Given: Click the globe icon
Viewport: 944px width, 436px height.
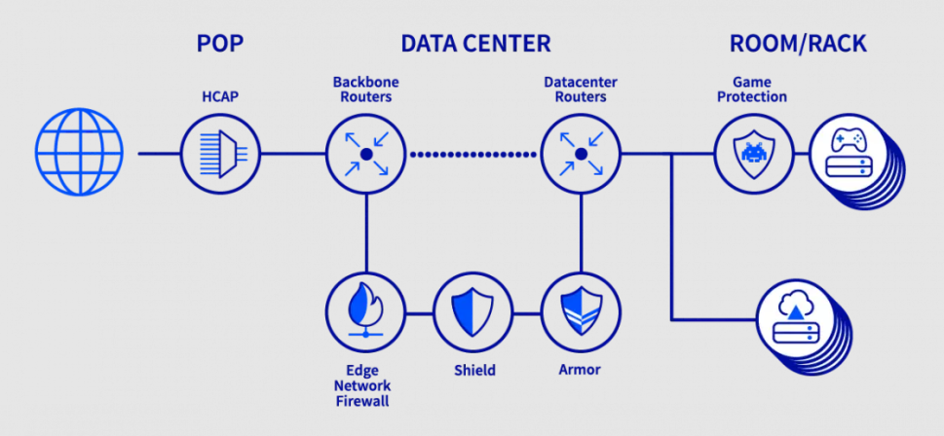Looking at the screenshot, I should (x=80, y=153).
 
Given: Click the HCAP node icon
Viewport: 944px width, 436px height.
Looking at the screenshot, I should (x=220, y=154).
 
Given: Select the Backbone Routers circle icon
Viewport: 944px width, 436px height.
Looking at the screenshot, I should (x=365, y=154).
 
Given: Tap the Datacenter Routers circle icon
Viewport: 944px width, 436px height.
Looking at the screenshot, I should (x=581, y=154).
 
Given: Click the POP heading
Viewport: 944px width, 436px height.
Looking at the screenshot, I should (x=220, y=44).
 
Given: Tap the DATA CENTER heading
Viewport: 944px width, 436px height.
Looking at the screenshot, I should (x=475, y=44).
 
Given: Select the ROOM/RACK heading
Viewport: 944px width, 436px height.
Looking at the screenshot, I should (x=797, y=44).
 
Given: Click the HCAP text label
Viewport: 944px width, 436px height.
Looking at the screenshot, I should (x=220, y=96).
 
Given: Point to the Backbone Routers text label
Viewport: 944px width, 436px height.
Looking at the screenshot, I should (x=365, y=90).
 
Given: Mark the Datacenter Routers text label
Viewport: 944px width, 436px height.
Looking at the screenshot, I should (x=581, y=90).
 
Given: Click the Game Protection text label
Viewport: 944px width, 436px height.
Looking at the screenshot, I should (x=751, y=90).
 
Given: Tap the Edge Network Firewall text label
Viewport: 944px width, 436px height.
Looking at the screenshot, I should (x=365, y=385).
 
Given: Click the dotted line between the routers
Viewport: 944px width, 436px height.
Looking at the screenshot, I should (x=473, y=154).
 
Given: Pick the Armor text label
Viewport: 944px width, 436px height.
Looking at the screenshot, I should (x=580, y=370).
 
